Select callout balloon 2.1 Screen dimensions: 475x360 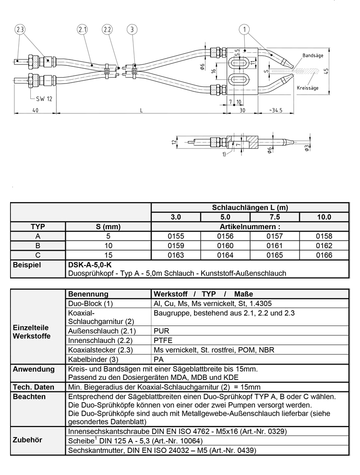83,30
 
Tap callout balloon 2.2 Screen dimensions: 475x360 108,30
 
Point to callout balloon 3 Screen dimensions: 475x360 132,30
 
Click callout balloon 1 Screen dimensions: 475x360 246,30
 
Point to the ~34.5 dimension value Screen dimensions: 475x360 276,110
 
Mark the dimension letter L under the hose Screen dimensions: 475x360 141,110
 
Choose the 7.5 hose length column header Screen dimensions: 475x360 275,217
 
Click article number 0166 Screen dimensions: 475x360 324,255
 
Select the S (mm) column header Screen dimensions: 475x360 108,226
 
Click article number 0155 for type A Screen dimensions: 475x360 176,236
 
